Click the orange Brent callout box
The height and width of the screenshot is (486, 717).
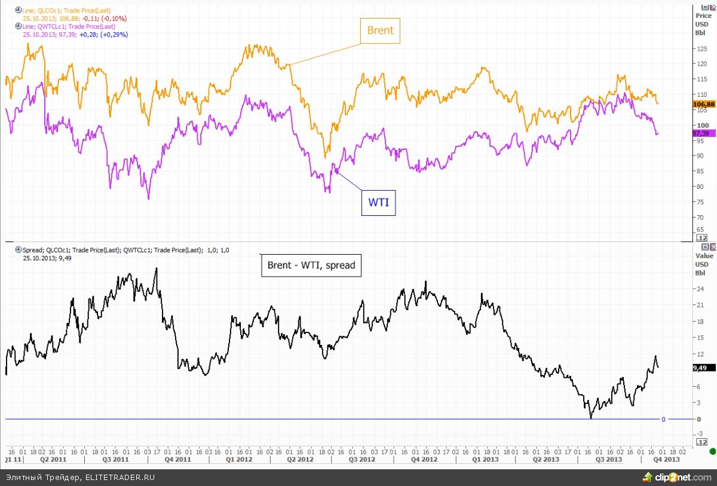point(379,30)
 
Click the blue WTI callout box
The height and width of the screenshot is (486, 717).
point(378,202)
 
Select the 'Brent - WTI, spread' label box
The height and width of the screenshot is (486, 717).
point(311,265)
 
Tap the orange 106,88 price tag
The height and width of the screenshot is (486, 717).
point(703,104)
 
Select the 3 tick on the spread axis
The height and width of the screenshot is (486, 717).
point(698,403)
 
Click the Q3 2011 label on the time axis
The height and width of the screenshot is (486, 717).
point(116,460)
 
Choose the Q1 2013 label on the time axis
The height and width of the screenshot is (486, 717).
point(487,460)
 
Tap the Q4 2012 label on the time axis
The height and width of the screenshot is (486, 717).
point(425,460)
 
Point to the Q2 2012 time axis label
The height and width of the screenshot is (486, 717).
point(301,460)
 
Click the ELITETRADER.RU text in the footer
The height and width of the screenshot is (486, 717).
point(120,477)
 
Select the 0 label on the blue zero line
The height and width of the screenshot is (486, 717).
point(663,419)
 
